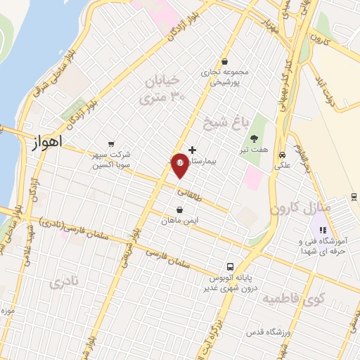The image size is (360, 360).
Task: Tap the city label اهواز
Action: (47, 141)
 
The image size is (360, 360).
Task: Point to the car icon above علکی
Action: (282, 155)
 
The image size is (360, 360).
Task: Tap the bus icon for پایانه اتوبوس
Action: (230, 266)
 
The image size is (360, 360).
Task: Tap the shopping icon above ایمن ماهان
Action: (180, 210)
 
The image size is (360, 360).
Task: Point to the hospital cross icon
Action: (193, 150)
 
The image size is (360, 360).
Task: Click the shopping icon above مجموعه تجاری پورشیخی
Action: (224, 61)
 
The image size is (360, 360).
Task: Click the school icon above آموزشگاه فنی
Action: (323, 229)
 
